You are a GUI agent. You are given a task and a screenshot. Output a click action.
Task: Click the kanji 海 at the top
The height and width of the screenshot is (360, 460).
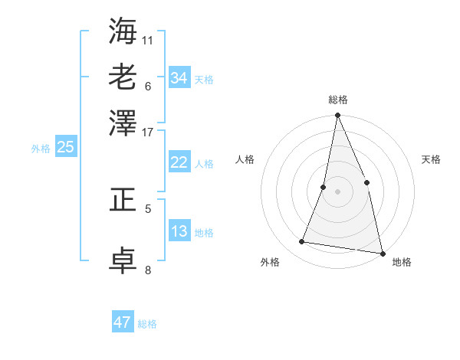pyautogui.click(x=123, y=31)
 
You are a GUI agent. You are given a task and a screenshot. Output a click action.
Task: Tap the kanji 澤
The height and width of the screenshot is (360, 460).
pyautogui.click(x=123, y=121)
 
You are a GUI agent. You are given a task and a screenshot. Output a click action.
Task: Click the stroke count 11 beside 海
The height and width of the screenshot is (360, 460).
pyautogui.click(x=148, y=39)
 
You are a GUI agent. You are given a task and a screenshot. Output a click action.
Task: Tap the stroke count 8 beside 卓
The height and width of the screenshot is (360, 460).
pyautogui.click(x=148, y=269)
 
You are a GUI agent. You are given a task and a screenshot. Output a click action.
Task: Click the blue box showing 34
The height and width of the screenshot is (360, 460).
pyautogui.click(x=179, y=78)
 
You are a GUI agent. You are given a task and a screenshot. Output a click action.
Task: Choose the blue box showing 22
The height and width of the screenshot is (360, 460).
pyautogui.click(x=179, y=162)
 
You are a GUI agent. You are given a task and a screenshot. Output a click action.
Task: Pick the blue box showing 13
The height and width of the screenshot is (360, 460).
pyautogui.click(x=179, y=231)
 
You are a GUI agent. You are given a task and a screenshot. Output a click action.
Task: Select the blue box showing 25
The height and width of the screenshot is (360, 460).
pyautogui.click(x=65, y=147)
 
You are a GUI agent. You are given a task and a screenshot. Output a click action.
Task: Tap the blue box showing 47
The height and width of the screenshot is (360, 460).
pyautogui.click(x=123, y=322)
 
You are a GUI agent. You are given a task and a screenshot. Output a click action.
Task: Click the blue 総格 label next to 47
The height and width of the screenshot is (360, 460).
pyautogui.click(x=147, y=324)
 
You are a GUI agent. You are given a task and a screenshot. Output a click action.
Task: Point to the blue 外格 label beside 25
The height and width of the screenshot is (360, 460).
pyautogui.click(x=40, y=149)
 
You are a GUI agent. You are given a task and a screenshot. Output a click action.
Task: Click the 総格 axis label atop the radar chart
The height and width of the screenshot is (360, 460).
pyautogui.click(x=337, y=100)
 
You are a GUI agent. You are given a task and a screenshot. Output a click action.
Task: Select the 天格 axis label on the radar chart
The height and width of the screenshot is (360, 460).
pyautogui.click(x=431, y=159)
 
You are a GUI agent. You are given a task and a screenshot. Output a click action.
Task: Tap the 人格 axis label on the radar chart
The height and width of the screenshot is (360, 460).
pyautogui.click(x=245, y=159)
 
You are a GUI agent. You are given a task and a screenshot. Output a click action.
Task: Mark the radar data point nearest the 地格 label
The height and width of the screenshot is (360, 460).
pyautogui.click(x=382, y=253)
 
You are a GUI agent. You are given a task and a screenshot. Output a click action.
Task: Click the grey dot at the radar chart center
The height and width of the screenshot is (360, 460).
pyautogui.click(x=337, y=191)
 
